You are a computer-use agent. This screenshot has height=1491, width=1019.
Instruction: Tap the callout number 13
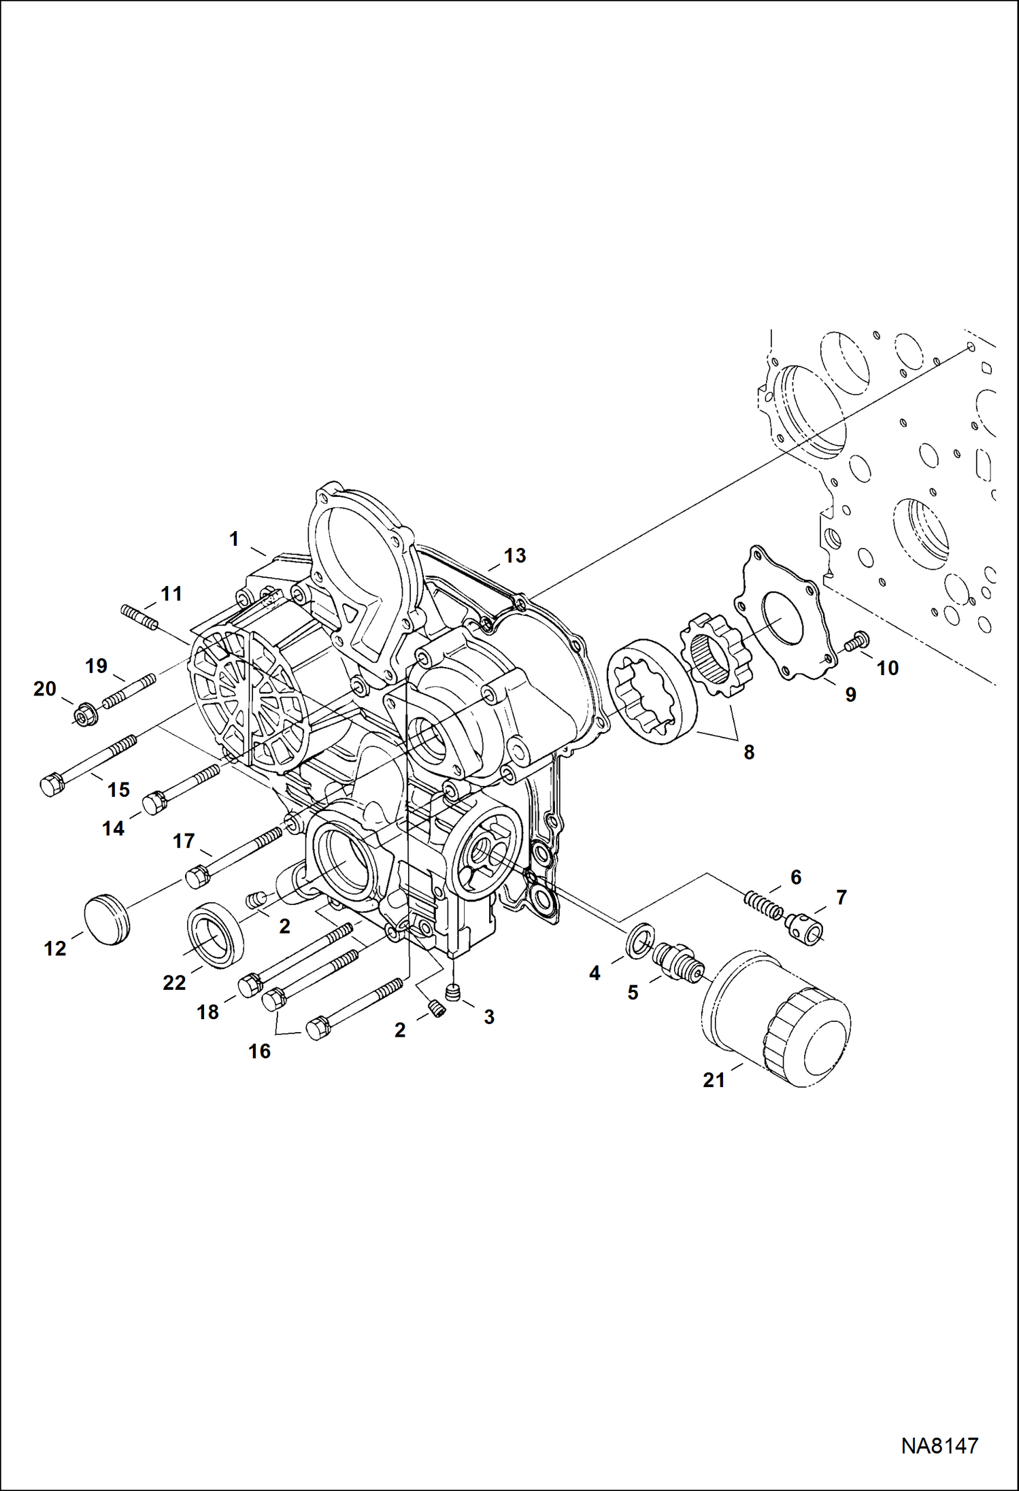515,555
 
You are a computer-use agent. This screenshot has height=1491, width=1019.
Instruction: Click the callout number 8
748,752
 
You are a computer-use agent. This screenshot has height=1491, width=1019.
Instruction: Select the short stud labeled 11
140,616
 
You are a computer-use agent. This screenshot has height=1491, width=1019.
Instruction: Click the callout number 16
259,1051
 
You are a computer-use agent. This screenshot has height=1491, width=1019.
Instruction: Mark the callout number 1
234,539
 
